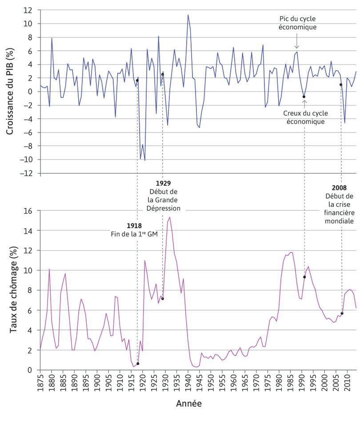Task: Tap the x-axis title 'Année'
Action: pyautogui.click(x=188, y=404)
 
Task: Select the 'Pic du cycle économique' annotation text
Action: pyautogui.click(x=297, y=23)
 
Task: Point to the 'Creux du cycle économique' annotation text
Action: pyautogui.click(x=304, y=117)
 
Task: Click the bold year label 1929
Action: pyautogui.click(x=163, y=183)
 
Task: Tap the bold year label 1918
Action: pyautogui.click(x=134, y=226)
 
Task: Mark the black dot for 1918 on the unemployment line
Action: pyautogui.click(x=138, y=364)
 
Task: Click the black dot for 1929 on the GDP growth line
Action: pyautogui.click(x=163, y=74)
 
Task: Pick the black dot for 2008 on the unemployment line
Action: pyautogui.click(x=342, y=313)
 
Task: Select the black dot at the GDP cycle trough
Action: pyautogui.click(x=304, y=96)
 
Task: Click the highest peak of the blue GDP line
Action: pyautogui.click(x=188, y=15)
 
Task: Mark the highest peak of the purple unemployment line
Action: pyautogui.click(x=170, y=217)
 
